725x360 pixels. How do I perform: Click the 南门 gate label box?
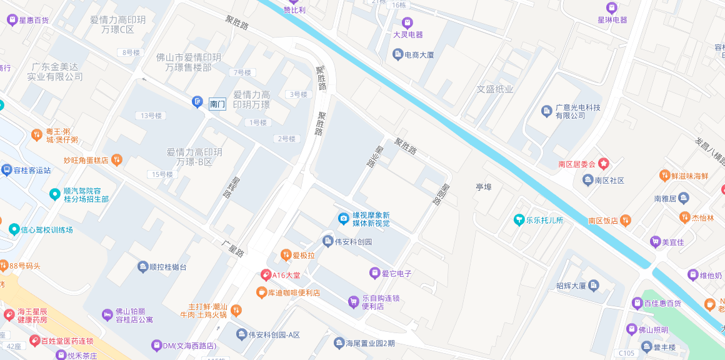pyautogui.click(x=217, y=104)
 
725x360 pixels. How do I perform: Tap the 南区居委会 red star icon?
pyautogui.click(x=604, y=164)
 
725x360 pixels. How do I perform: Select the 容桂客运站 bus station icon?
pyautogui.click(x=6, y=170)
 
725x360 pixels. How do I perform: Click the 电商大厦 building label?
pyautogui.click(x=419, y=55)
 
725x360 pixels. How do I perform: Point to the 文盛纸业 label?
pyautogui.click(x=495, y=89)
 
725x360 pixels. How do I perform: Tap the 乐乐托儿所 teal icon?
pyautogui.click(x=519, y=220)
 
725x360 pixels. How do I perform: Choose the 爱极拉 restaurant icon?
pyautogui.click(x=286, y=254)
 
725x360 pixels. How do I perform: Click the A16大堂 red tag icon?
pyautogui.click(x=266, y=275)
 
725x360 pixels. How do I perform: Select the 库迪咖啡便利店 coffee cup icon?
pyautogui.click(x=261, y=292)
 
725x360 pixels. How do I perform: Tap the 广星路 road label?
pyautogui.click(x=234, y=247)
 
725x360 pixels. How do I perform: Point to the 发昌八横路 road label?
pyautogui.click(x=709, y=151)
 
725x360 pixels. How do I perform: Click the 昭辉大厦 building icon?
pyautogui.click(x=593, y=286)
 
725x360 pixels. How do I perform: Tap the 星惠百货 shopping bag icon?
pyautogui.click(x=12, y=20)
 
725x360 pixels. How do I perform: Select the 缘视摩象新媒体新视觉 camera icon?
pyautogui.click(x=343, y=218)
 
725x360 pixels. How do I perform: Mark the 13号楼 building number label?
pyautogui.click(x=151, y=116)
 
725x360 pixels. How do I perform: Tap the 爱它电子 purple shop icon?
pyautogui.click(x=374, y=273)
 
